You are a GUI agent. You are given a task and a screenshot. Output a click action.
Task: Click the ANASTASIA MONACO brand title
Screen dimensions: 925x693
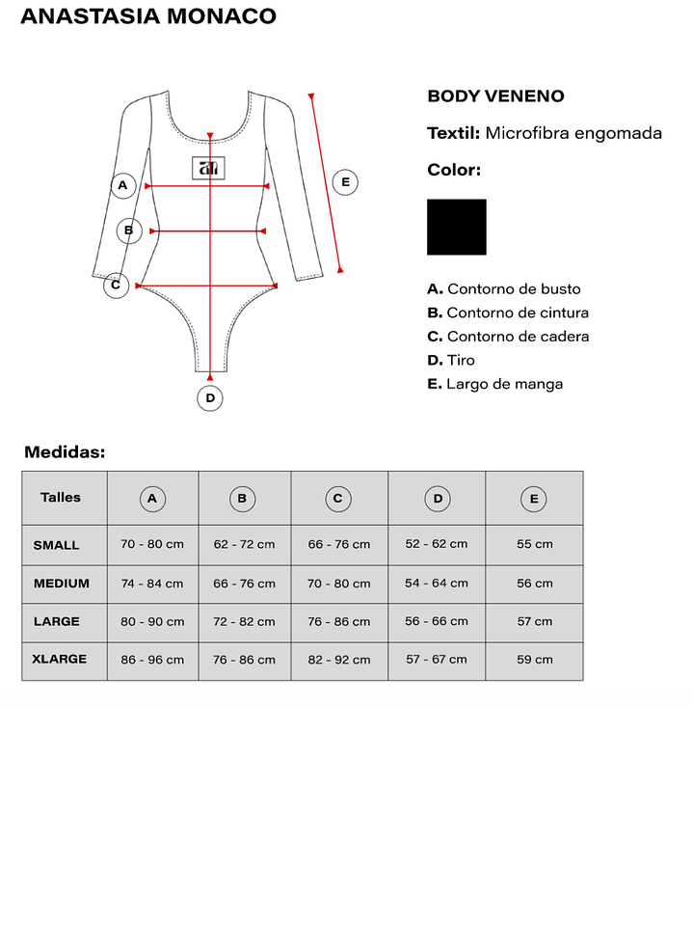pyautogui.click(x=148, y=16)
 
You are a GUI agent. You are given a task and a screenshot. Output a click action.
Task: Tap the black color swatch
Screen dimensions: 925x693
pyautogui.click(x=457, y=227)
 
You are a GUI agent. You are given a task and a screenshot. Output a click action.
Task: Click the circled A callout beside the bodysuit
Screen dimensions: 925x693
pyautogui.click(x=122, y=185)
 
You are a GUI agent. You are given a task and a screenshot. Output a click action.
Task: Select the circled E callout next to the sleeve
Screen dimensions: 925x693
pyautogui.click(x=345, y=181)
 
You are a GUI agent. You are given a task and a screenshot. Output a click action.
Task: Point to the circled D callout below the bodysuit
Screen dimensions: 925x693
pyautogui.click(x=210, y=397)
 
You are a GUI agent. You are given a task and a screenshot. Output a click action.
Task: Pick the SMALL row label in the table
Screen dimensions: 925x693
pyautogui.click(x=57, y=545)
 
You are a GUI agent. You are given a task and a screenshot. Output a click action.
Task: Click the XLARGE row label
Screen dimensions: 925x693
pyautogui.click(x=60, y=659)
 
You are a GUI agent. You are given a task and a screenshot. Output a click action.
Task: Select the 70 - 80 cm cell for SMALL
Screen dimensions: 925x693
pyautogui.click(x=152, y=544)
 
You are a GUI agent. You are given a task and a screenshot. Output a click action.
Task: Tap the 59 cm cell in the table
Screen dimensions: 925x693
pyautogui.click(x=535, y=660)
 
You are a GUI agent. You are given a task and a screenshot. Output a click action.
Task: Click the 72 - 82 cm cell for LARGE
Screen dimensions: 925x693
pyautogui.click(x=245, y=622)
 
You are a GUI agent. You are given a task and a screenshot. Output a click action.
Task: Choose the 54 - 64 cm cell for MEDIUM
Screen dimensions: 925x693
pyautogui.click(x=437, y=583)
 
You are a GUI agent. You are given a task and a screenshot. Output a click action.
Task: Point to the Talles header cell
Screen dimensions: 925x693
pyautogui.click(x=61, y=498)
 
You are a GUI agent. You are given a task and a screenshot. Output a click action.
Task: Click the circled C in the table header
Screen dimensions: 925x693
pyautogui.click(x=337, y=499)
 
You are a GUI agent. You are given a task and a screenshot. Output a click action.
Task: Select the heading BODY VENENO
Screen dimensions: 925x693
pyautogui.click(x=495, y=96)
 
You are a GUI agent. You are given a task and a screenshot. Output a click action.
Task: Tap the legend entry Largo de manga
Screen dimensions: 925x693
pyautogui.click(x=505, y=384)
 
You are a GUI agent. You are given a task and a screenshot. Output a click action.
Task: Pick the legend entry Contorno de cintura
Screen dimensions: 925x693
pyautogui.click(x=518, y=313)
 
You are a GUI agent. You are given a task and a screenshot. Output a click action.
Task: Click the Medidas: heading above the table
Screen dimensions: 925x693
pyautogui.click(x=65, y=451)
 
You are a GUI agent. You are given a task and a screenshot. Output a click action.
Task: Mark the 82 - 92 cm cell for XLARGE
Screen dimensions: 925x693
pyautogui.click(x=339, y=660)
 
